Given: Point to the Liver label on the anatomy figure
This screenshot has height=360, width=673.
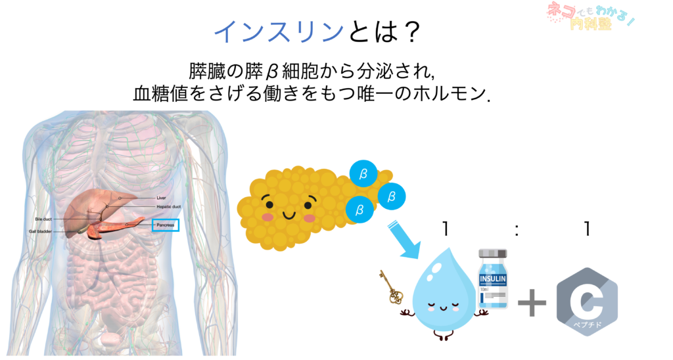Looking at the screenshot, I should pos(161,197).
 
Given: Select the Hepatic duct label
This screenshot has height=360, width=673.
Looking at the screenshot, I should pos(168,206).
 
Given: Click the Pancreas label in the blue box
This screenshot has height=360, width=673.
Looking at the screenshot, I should pos(165,225).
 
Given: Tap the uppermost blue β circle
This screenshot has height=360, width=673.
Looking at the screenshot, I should pos(363,173).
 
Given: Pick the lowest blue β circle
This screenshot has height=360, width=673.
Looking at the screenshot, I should pos(360,210).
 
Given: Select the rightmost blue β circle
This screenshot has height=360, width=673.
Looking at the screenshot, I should pos(392,196).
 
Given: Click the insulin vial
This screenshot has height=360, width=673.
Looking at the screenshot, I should pos(494,279).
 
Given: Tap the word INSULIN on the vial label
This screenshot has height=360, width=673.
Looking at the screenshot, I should pos(494,279).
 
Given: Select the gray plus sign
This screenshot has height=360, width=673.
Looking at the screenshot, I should pos(532,304).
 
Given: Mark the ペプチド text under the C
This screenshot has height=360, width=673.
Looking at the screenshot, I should pos(586,324).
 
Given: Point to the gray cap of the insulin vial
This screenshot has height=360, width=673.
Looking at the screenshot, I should pos(494,254).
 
